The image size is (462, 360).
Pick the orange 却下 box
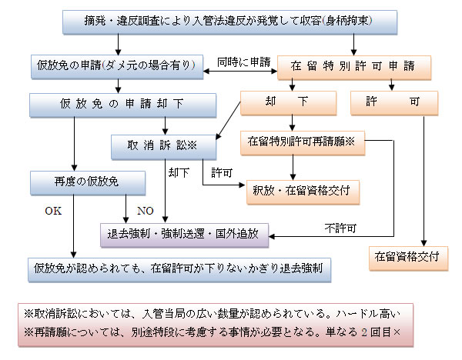[x=290, y=102]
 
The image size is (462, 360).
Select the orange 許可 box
[x=393, y=102]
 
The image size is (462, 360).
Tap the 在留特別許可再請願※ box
[x=300, y=142]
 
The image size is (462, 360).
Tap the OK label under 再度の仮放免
[x=53, y=209]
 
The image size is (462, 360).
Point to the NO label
[x=145, y=209]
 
